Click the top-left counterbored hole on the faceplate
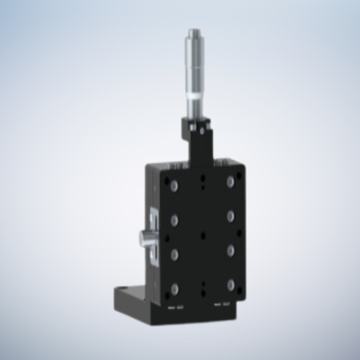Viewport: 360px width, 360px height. click(174, 186)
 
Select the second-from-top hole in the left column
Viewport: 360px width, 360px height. click(174, 218)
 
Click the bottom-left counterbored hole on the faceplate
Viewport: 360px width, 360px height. click(174, 286)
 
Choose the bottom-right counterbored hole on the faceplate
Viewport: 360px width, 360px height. click(231, 285)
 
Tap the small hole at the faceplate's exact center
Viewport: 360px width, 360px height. click(202, 234)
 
